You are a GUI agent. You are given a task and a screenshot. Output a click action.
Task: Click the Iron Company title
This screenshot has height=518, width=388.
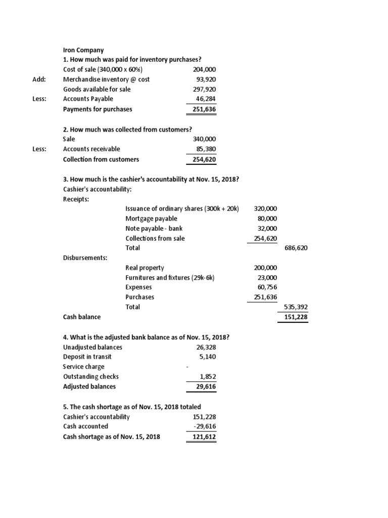pos(83,50)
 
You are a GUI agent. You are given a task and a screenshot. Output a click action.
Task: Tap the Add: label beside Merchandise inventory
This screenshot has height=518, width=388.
pos(39,79)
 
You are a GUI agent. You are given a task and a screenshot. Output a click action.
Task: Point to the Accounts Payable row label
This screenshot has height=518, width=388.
pos(88,99)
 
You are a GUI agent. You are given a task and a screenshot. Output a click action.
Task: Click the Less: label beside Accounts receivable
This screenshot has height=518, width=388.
pos(39,149)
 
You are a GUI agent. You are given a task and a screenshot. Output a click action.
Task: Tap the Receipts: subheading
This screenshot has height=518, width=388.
pos(76,199)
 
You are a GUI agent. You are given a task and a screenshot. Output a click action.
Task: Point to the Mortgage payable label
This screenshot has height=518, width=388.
pos(151,219)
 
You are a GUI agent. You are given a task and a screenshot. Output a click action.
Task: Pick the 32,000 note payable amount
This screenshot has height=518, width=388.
pos(266,228)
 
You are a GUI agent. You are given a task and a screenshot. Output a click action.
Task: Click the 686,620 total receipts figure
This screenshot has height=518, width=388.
pos(296,248)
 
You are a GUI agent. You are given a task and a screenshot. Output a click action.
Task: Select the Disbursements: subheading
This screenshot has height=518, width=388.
pos(84,257)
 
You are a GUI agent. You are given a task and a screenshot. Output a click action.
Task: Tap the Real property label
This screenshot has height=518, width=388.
pos(144,268)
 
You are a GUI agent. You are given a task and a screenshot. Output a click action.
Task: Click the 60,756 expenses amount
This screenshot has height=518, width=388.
pos(266,287)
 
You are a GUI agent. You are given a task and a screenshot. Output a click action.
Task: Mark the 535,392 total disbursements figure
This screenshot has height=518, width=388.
pos(296,307)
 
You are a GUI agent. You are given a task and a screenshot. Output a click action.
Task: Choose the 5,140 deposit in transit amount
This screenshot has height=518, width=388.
pos(208,357)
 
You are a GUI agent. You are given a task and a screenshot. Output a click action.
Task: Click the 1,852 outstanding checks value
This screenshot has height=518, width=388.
pos(208,376)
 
